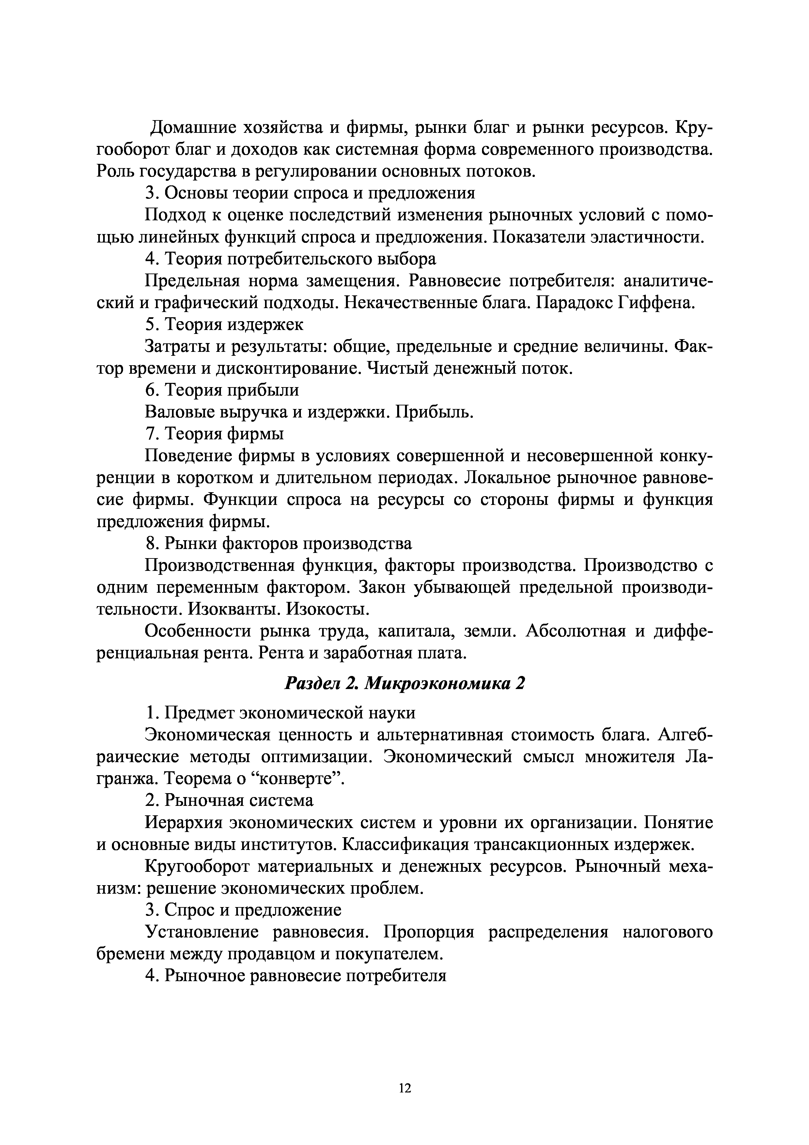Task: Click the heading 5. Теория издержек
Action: click(x=224, y=325)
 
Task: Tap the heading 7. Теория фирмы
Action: click(x=215, y=434)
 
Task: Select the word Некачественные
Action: click(x=409, y=303)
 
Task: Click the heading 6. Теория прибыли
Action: click(x=222, y=390)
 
